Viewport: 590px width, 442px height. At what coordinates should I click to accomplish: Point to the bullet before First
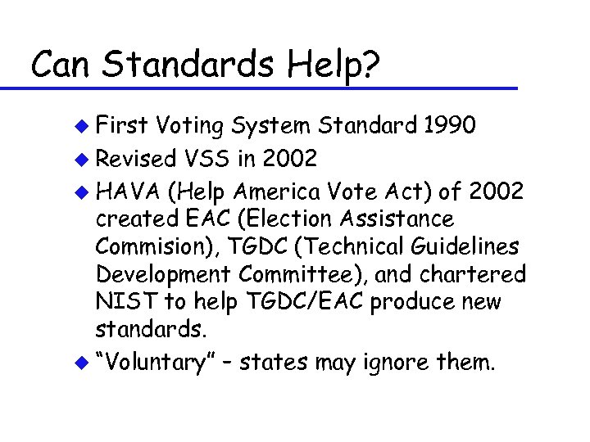click(80, 127)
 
